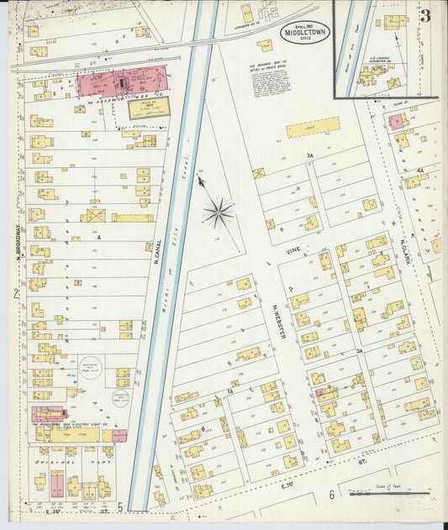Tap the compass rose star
click(218, 212)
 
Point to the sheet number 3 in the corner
click(425, 16)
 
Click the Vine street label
click(293, 249)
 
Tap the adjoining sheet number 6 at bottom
click(332, 495)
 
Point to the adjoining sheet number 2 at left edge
click(15, 293)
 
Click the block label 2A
click(309, 156)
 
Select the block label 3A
click(358, 349)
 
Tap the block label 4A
click(419, 170)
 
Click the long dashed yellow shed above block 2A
click(313, 128)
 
